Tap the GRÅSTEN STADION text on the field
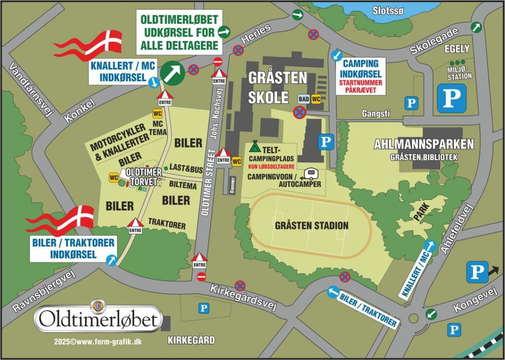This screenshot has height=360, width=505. (311, 226)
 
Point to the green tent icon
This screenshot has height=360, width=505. (254, 146)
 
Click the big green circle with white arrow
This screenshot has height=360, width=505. (172, 72)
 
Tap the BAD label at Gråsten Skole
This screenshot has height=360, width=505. (303, 99)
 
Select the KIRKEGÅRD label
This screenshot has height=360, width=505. (191, 340)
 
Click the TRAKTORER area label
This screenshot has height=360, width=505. (167, 223)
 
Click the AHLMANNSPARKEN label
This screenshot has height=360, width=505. (423, 144)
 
